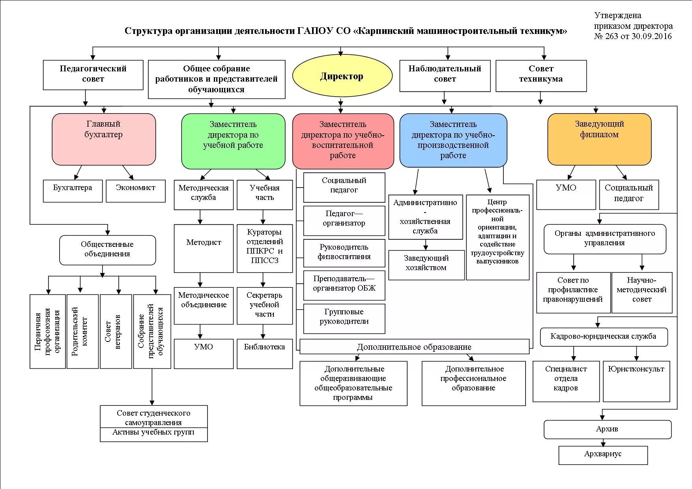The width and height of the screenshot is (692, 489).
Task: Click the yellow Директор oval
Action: [342, 76]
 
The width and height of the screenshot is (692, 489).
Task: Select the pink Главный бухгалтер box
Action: [104, 139]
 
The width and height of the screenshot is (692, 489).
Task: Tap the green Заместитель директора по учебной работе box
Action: [233, 141]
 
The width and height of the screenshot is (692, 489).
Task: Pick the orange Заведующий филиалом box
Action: [599, 139]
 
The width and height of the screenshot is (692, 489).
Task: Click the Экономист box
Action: [135, 191]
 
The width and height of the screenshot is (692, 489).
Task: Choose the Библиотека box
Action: [264, 353]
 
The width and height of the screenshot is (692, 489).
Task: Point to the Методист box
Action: [204, 248]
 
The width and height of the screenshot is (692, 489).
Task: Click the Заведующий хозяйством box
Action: [426, 265]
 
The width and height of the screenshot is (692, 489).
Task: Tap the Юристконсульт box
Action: [636, 381]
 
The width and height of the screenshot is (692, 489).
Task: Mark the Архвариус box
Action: [603, 455]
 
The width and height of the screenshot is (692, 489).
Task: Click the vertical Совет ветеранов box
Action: [116, 331]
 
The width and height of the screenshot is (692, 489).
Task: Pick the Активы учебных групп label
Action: [153, 433]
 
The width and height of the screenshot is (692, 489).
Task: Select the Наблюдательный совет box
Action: [445, 75]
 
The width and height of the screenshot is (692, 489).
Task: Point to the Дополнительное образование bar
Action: [414, 347]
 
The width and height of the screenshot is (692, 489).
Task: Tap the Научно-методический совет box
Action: [642, 292]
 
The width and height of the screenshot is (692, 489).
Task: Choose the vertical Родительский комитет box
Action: [82, 331]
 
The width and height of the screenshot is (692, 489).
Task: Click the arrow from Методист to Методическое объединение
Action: [200, 280]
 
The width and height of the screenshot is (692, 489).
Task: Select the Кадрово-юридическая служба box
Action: [603, 337]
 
